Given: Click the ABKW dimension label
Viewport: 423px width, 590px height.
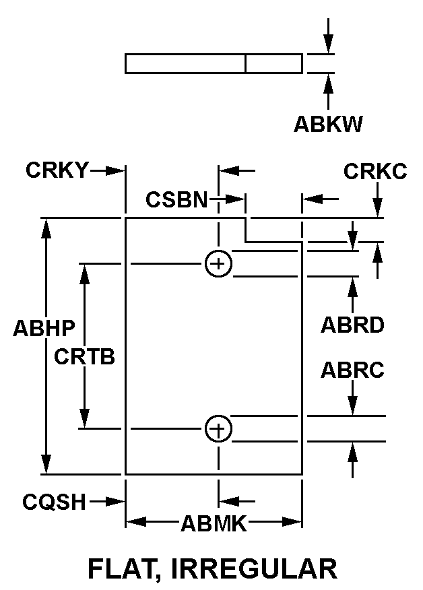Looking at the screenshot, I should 328,125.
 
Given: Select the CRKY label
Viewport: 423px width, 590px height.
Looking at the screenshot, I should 57,170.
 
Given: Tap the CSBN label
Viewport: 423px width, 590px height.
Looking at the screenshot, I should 177,199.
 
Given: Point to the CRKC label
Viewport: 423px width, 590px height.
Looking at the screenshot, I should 375,172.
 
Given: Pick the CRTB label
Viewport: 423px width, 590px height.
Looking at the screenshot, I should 85,356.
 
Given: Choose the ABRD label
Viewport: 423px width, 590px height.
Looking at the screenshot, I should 352,325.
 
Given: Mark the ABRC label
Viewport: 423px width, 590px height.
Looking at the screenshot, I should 352,370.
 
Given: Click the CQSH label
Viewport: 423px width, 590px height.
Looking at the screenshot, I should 54,501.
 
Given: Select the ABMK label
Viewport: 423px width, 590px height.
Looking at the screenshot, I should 213,523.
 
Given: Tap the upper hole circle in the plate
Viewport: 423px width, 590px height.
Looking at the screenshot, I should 218,263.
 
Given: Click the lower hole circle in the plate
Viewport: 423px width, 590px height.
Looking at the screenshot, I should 218,428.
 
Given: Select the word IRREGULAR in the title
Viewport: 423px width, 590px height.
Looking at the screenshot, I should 255,568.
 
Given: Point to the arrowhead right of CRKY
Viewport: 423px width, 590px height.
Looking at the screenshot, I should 119,170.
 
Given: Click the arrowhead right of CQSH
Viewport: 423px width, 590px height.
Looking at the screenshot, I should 119,501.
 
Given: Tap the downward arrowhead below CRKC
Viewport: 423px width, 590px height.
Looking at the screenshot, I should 379,209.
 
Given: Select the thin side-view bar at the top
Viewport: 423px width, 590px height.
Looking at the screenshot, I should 214,63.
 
